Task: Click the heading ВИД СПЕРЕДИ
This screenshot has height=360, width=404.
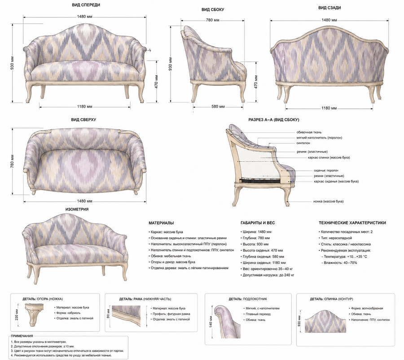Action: click(86, 5)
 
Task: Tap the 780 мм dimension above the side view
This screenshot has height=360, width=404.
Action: click(213, 20)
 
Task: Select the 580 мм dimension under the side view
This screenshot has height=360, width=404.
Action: click(218, 107)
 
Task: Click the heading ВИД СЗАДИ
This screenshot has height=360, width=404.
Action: click(329, 8)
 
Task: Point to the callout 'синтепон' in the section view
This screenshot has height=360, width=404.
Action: click(303, 143)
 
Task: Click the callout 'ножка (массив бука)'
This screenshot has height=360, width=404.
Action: click(329, 201)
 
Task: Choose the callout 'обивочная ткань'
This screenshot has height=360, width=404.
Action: click(309, 132)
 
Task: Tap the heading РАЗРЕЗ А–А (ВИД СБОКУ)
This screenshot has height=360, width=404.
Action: click(274, 120)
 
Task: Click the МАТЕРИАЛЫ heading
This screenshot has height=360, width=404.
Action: click(161, 223)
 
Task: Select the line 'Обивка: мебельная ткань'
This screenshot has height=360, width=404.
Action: click(170, 256)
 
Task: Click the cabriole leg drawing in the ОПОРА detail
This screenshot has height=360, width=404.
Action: click(34, 314)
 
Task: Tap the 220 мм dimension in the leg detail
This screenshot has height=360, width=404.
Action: click(17, 315)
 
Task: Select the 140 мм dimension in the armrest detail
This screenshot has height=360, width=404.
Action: click(211, 321)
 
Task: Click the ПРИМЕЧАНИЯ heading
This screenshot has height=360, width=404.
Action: click(22, 336)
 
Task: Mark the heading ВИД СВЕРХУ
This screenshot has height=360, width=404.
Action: click(84, 120)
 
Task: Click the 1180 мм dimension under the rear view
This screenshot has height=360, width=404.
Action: click(329, 108)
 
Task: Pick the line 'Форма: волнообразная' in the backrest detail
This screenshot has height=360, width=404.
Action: click(367, 308)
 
